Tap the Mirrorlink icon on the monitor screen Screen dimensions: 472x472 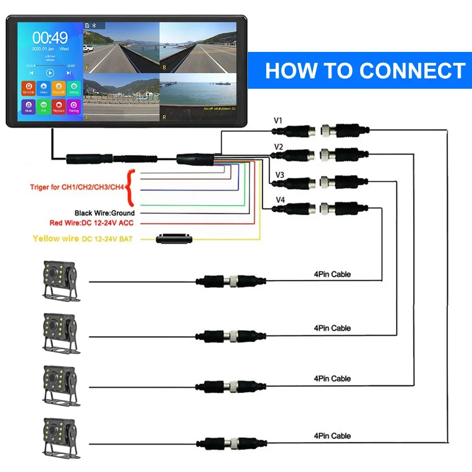pyautogui.click(x=28, y=88)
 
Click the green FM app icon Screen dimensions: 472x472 pyautogui.click(x=43, y=106)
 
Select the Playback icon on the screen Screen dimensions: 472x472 pyautogui.click(x=58, y=106)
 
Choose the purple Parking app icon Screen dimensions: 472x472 pyautogui.click(x=73, y=106)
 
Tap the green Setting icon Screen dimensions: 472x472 pyautogui.click(x=73, y=88)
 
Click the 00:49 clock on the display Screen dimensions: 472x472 pyautogui.click(x=50, y=37)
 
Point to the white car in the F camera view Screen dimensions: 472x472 pyautogui.click(x=88, y=48)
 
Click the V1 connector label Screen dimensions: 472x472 pyautogui.click(x=278, y=120)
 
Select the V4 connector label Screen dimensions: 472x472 pyautogui.click(x=280, y=200)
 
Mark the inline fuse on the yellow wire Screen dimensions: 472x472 pyautogui.click(x=174, y=238)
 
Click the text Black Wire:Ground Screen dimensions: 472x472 pyautogui.click(x=104, y=213)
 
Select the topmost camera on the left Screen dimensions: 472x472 pyautogui.click(x=60, y=280)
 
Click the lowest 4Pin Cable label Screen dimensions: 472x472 pyautogui.click(x=332, y=435)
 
